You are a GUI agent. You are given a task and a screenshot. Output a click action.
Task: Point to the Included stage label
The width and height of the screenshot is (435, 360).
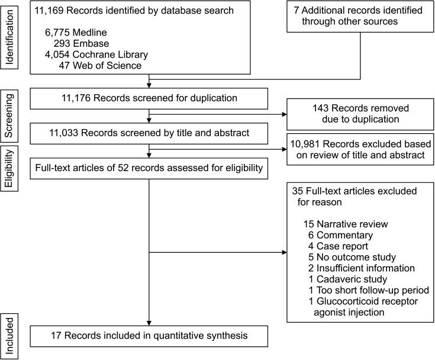click(9, 336)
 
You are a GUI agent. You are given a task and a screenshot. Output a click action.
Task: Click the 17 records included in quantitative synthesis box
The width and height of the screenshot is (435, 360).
click(150, 336)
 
